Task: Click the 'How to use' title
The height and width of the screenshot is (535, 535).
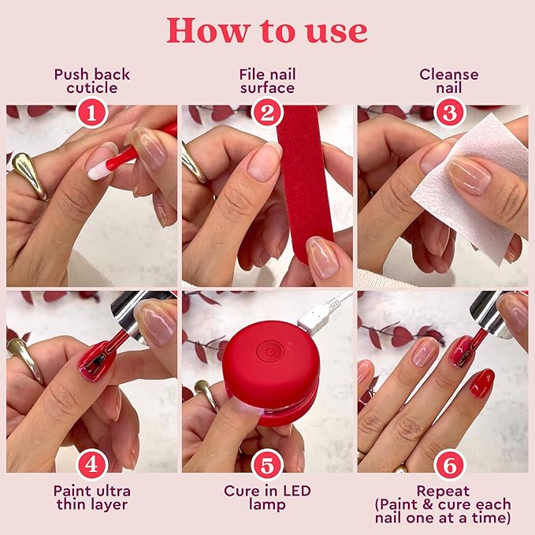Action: pyautogui.click(x=267, y=30)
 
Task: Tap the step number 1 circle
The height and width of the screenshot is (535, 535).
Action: pyautogui.click(x=92, y=113)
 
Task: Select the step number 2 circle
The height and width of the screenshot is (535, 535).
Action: pyautogui.click(x=267, y=113)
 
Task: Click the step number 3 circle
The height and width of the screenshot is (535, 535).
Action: pyautogui.click(x=450, y=113)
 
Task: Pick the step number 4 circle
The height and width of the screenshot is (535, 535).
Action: pyautogui.click(x=92, y=464)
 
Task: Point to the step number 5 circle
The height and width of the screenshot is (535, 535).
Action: pyautogui.click(x=267, y=464)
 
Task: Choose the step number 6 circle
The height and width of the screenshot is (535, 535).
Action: pyautogui.click(x=450, y=464)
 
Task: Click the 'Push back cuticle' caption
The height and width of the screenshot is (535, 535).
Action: pyautogui.click(x=92, y=80)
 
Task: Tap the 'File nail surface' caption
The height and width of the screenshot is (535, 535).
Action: pyautogui.click(x=267, y=80)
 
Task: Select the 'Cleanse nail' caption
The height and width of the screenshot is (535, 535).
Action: pyautogui.click(x=449, y=80)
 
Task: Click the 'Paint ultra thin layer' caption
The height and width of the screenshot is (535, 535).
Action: pyautogui.click(x=92, y=498)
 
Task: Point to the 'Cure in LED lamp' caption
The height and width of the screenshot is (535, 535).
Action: pyautogui.click(x=267, y=498)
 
